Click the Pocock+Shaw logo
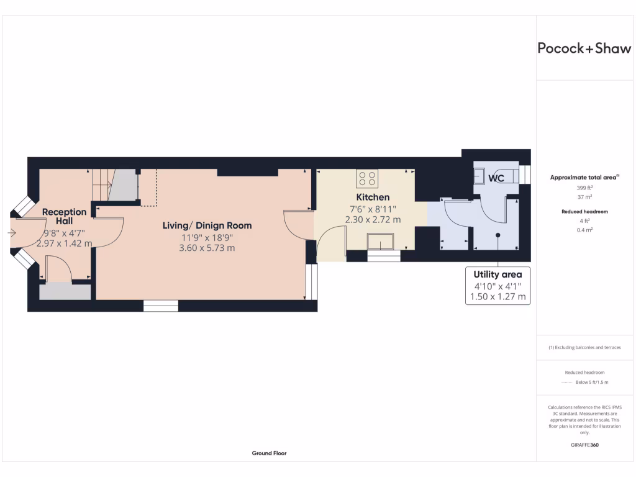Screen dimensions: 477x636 point(584,48)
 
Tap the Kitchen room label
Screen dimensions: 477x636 point(373,197)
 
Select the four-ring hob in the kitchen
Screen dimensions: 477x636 point(366,179)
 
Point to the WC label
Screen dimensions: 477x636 point(496,178)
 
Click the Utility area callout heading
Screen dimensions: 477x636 point(497,275)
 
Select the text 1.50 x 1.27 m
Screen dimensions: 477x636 point(497,297)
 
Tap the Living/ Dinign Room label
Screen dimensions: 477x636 point(207,225)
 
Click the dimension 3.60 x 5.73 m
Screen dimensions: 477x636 point(207,248)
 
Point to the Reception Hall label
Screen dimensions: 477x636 point(65,217)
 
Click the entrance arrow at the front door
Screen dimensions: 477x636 point(12,233)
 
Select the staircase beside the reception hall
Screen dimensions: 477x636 point(115,185)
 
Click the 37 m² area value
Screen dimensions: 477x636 point(584,196)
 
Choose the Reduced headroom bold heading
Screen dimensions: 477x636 point(584,212)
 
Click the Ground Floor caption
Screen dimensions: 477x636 point(269,453)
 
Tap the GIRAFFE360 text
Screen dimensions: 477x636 point(584,445)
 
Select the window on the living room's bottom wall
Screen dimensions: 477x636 point(160,306)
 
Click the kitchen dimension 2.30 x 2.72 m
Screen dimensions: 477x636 point(373,219)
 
